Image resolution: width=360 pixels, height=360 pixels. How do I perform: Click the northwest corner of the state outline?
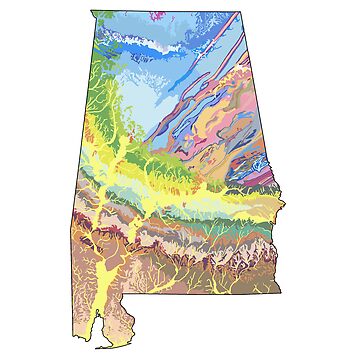(91, 12)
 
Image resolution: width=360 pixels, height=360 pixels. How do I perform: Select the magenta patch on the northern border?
(161, 16)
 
